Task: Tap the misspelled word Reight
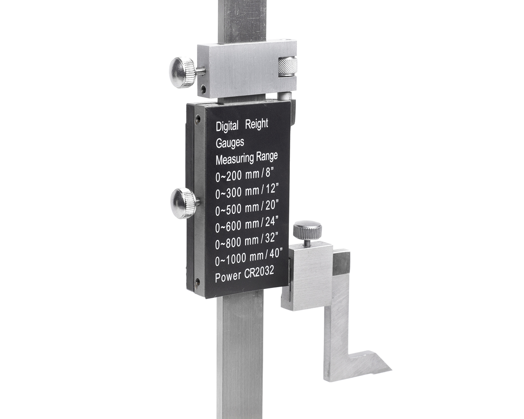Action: (x=257, y=124)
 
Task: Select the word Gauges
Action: (x=230, y=143)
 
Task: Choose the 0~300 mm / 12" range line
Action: (x=247, y=191)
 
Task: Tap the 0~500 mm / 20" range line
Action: (x=247, y=208)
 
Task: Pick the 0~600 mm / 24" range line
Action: (x=247, y=224)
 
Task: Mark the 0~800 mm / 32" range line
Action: (x=247, y=241)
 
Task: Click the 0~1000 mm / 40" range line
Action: (x=249, y=257)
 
